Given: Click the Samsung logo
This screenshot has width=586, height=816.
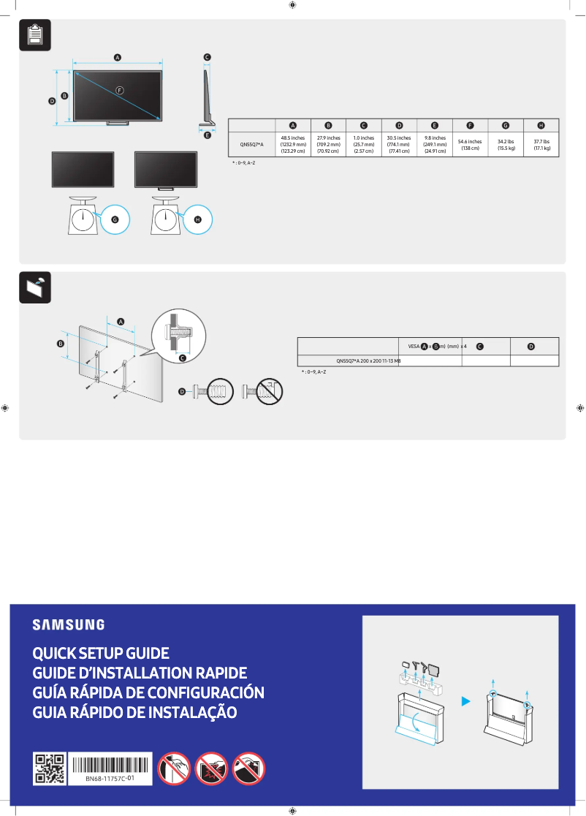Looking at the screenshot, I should pos(68,625).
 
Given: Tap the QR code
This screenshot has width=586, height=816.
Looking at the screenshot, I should pos(50,769).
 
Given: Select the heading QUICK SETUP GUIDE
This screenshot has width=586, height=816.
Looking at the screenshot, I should pos(101,653).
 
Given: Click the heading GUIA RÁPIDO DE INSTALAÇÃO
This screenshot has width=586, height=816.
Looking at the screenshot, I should pos(134,712).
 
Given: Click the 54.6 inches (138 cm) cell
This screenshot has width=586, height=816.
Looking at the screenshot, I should pos(470,144).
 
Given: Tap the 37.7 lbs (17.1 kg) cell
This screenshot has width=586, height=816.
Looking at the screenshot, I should pos(541,144).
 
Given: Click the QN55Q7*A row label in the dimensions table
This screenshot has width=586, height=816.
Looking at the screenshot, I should pos(252,144).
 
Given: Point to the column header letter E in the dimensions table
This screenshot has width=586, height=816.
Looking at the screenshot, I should pos(435,125).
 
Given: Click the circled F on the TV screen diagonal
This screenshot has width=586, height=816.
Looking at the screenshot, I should pos(120,89).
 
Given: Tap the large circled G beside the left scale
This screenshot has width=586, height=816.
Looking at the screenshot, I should pos(115,219).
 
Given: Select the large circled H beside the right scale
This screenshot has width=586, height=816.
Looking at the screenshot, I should pos(197,219).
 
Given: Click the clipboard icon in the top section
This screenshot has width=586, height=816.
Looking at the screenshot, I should pos(34,35).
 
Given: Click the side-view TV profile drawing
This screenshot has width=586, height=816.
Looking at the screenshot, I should pos(207,95).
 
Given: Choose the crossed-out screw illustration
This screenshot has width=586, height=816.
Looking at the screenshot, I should pos(263,391).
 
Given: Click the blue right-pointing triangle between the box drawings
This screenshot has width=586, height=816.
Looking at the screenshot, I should pos(465,702).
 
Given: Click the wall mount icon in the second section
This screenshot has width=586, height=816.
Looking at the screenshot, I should pos(34,287).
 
